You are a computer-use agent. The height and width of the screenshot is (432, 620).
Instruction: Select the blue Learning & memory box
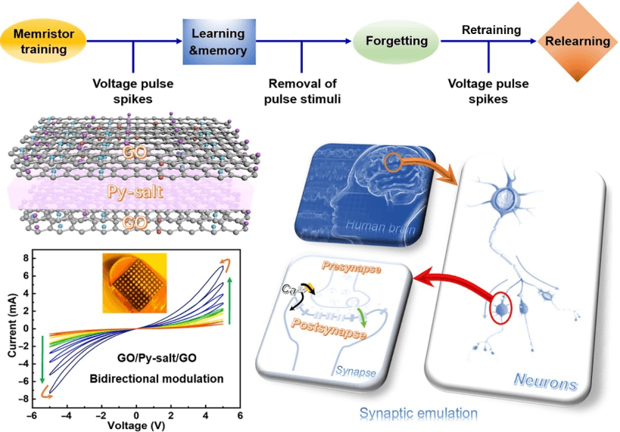tap(219, 42)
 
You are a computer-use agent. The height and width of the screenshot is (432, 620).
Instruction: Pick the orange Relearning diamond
tap(578, 41)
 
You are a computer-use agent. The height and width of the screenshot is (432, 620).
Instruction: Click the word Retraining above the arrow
tap(491, 30)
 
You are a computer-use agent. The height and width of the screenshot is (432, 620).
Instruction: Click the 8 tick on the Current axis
tap(25, 259)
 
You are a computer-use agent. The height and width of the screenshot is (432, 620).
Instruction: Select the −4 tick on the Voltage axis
tap(67, 415)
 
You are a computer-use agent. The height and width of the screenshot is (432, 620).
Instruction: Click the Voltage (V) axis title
tap(136, 426)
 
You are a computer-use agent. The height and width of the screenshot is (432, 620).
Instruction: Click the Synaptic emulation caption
tap(418, 412)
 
